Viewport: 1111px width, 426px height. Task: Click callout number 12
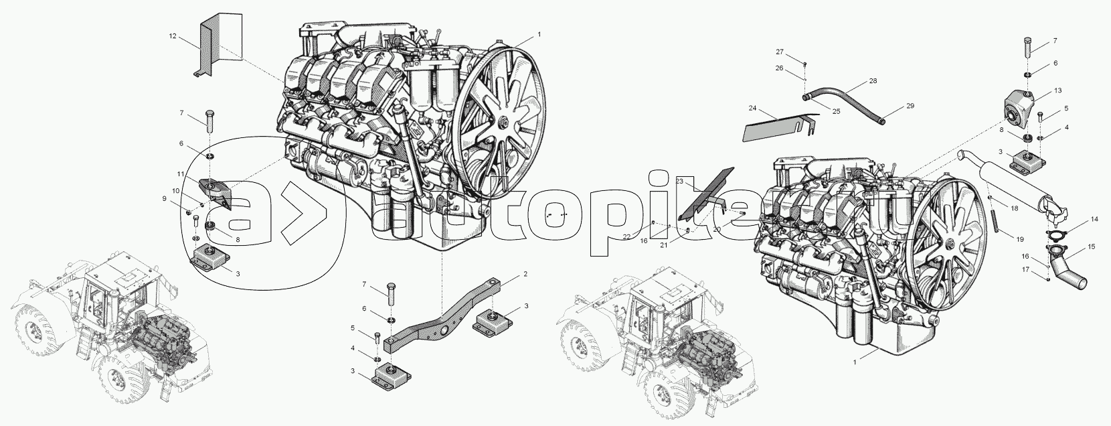[172, 35]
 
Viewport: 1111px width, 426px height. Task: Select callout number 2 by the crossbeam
[525, 274]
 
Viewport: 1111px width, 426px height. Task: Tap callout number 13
[1058, 90]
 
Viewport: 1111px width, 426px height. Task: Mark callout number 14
[1094, 219]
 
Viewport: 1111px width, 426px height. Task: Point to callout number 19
[1019, 239]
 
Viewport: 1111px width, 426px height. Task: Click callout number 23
[679, 182]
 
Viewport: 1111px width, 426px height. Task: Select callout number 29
[910, 106]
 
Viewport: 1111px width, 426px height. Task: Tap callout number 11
[181, 174]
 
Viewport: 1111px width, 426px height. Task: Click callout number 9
[164, 199]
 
